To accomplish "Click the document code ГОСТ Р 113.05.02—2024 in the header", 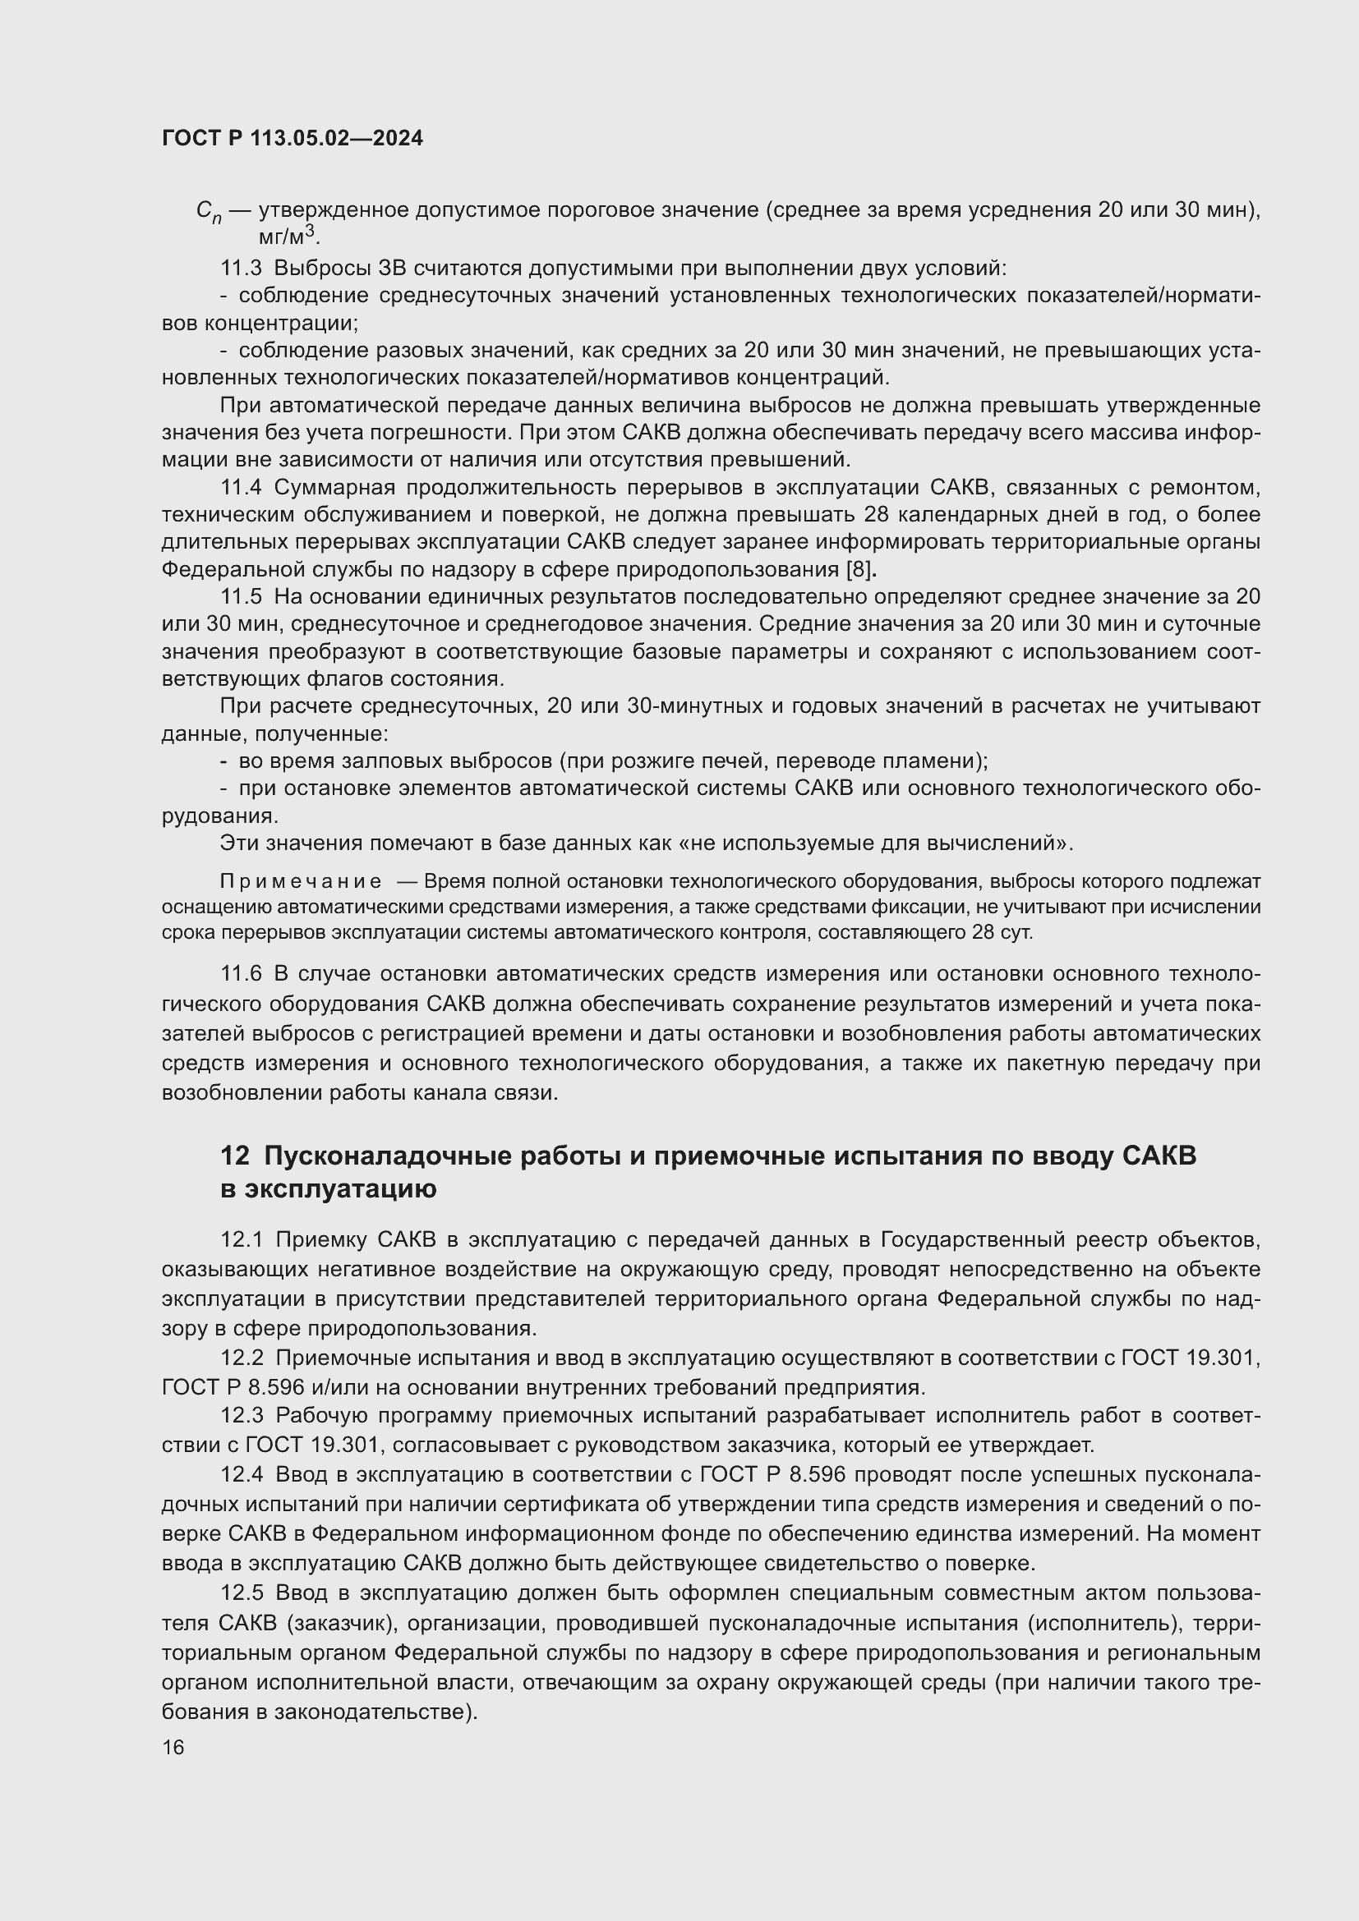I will tap(292, 139).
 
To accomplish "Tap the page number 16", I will tap(173, 1747).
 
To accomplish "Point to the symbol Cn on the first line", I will tap(209, 211).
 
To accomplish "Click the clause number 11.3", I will tap(241, 269).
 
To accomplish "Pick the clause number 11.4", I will tap(241, 488).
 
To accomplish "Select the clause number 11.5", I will tap(241, 596).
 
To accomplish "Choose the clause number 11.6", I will tap(241, 974).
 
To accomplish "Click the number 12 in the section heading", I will tap(234, 1156).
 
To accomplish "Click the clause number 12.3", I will tap(241, 1416).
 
